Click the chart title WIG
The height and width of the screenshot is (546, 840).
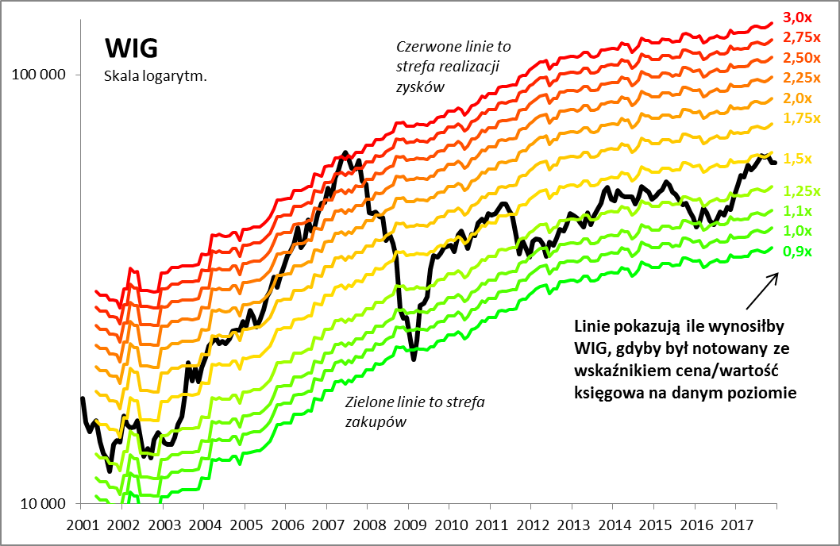pyautogui.click(x=131, y=48)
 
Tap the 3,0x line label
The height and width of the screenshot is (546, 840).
pyautogui.click(x=797, y=17)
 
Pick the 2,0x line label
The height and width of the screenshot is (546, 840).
pyautogui.click(x=797, y=98)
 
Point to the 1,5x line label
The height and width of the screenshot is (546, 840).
pyautogui.click(x=797, y=158)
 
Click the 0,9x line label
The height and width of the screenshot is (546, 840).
pyautogui.click(x=797, y=252)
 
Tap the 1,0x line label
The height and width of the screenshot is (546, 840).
pyautogui.click(x=797, y=231)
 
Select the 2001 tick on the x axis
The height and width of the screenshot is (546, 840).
pyautogui.click(x=83, y=525)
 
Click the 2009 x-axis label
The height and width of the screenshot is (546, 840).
pyautogui.click(x=410, y=525)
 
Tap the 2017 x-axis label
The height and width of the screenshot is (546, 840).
pyautogui.click(x=737, y=525)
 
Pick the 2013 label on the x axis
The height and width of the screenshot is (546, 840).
pyautogui.click(x=573, y=525)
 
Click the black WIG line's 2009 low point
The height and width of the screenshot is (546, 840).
pyautogui.click(x=413, y=359)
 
